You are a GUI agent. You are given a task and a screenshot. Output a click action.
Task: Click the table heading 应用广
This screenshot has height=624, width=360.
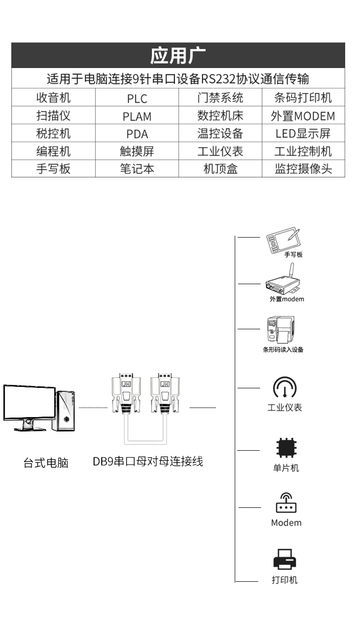tap(178, 55)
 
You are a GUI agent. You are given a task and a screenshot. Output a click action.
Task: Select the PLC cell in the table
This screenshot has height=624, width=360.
tap(137, 97)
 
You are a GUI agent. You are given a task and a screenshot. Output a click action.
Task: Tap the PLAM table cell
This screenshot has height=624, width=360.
tap(137, 115)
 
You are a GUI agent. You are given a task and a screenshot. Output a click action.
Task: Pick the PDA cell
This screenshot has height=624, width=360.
tap(137, 133)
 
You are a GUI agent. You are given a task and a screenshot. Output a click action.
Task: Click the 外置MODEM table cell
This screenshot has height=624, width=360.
tap(303, 115)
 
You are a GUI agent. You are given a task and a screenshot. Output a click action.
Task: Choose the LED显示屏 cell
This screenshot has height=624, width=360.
tap(303, 133)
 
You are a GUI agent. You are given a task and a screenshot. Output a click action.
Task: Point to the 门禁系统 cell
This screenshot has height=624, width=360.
tap(220, 97)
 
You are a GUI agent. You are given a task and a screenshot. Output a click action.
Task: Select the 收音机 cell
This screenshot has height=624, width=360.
tap(53, 97)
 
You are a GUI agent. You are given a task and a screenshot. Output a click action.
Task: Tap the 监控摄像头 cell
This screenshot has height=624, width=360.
tap(303, 168)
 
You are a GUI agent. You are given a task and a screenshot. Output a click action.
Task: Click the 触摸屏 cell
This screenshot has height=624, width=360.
tap(137, 151)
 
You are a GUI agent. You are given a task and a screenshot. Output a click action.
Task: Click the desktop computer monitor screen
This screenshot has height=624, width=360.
tap(29, 402)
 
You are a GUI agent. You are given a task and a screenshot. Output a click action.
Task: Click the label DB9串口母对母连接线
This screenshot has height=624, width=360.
tap(148, 461)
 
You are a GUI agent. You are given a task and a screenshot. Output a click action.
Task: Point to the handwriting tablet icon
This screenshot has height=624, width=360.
tap(283, 240)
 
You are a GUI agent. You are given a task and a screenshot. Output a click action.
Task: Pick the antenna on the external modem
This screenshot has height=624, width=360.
tap(290, 270)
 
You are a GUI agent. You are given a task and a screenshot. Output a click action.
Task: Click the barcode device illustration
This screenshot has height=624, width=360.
tap(281, 329)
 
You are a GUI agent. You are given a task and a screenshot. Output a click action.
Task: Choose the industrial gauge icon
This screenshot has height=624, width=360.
tap(285, 387)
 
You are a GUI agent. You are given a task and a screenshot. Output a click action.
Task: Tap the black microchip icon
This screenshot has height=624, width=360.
tap(286, 448)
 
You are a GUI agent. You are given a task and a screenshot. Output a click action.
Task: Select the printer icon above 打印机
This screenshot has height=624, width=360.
tap(285, 559)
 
